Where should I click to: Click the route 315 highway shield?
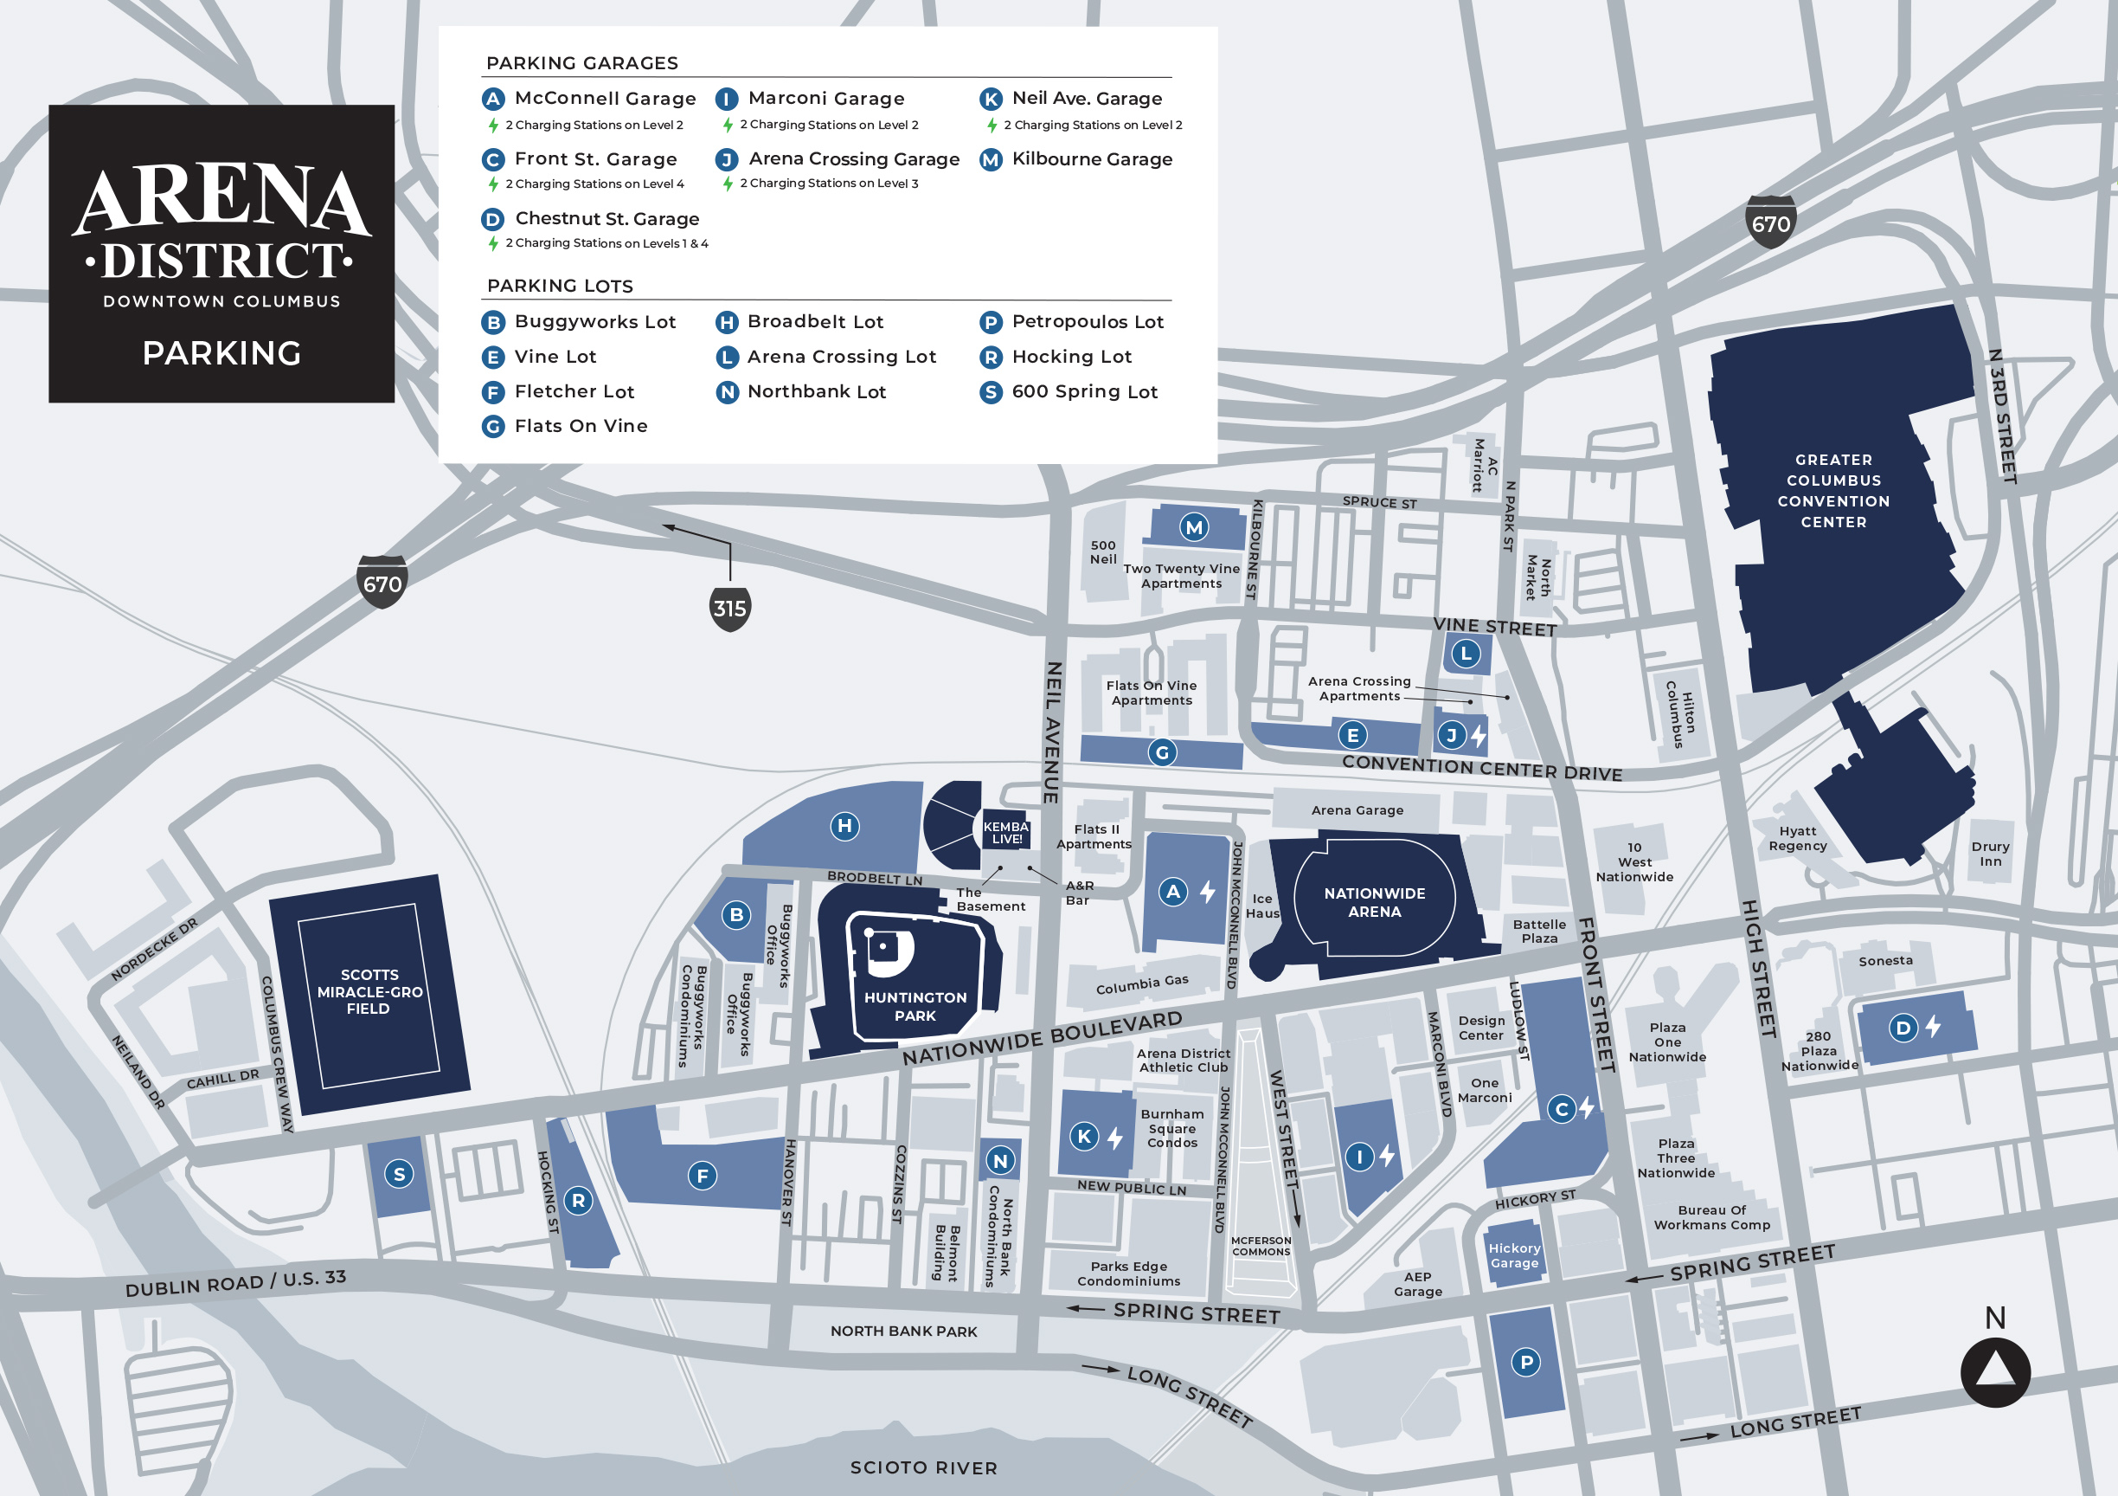(x=729, y=609)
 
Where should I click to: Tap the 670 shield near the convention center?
(x=1770, y=223)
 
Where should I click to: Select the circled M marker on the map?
(x=1194, y=527)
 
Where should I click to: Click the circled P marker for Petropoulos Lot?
(x=1525, y=1362)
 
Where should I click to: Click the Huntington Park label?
(x=915, y=1006)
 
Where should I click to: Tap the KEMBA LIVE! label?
(x=1004, y=833)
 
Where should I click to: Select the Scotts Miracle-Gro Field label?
(x=369, y=991)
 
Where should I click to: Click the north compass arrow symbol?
(x=1994, y=1371)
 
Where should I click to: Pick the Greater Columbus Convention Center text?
(x=1833, y=490)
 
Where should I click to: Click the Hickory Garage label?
(x=1514, y=1255)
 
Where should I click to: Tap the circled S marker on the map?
(x=399, y=1174)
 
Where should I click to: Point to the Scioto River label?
(x=923, y=1467)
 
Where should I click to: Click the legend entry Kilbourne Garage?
(x=1091, y=158)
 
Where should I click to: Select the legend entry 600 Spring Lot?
(x=1084, y=391)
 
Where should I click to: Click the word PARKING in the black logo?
(x=221, y=352)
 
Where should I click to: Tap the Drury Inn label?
(x=1990, y=854)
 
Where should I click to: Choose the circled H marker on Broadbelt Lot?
(x=844, y=826)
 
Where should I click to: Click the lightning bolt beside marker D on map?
(x=1934, y=1026)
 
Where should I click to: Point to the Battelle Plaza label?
(x=1538, y=931)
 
